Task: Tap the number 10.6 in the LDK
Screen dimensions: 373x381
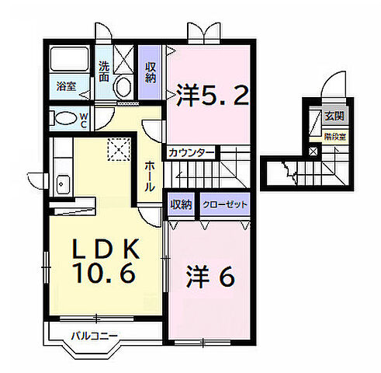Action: tap(106, 274)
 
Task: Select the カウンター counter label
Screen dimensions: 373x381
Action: tap(185, 152)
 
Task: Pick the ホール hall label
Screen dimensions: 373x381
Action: tap(151, 176)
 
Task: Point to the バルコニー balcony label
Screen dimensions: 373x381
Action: tap(94, 336)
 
